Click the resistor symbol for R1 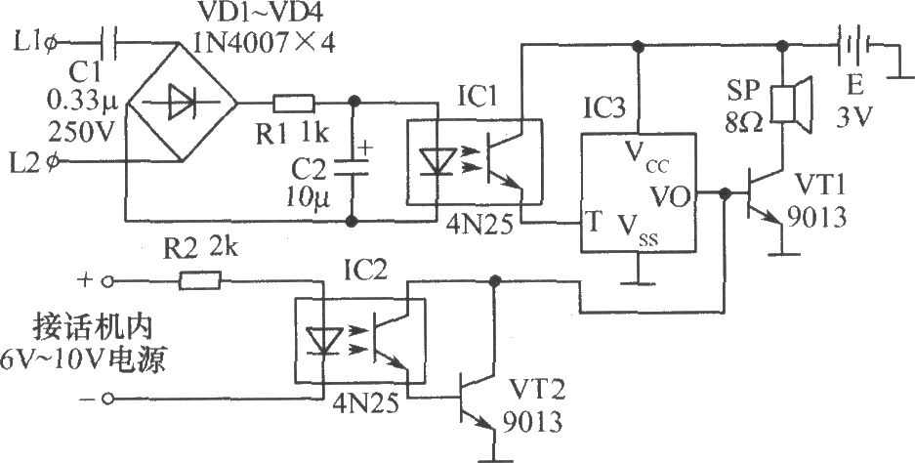[x=294, y=104]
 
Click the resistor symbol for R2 [x=200, y=281]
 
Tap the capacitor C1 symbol [x=109, y=43]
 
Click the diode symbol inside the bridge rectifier [x=182, y=104]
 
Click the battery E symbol [x=853, y=44]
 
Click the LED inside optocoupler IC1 [x=437, y=161]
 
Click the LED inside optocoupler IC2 [x=324, y=340]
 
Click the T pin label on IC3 [x=594, y=222]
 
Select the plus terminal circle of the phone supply [x=107, y=281]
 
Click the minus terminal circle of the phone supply [x=107, y=399]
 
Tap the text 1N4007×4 [x=264, y=43]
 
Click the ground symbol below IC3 [x=639, y=280]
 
